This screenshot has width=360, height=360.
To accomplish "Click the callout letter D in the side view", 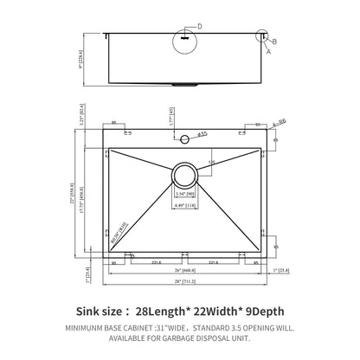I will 201,27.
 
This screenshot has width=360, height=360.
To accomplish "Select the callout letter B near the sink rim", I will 275,41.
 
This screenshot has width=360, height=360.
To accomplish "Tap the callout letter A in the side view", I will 267,52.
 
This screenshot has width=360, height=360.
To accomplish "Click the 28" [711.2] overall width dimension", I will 183,282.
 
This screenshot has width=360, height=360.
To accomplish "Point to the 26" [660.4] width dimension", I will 183,269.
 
